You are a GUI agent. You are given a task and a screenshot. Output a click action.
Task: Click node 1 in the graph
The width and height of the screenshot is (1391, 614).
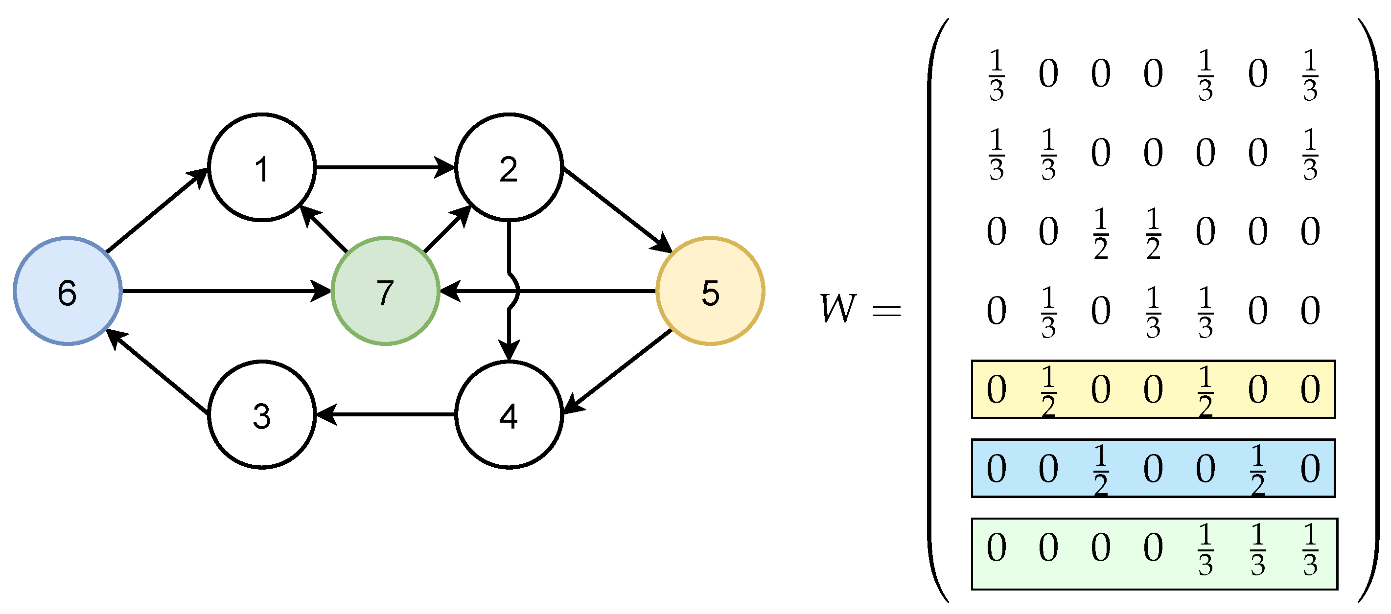tap(262, 167)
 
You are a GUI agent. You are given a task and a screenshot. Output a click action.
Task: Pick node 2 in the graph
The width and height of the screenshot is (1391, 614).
tap(509, 167)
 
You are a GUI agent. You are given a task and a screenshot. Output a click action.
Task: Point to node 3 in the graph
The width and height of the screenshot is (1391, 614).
tap(262, 414)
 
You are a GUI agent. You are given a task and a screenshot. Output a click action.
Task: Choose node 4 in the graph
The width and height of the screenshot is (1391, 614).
tap(509, 414)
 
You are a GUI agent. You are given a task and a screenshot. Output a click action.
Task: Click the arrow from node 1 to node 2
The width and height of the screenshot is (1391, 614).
tap(385, 167)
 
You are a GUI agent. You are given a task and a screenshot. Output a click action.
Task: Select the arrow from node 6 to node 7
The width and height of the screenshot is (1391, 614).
tap(227, 292)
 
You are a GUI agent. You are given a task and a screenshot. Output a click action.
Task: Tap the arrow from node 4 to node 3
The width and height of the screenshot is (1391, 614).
tap(385, 414)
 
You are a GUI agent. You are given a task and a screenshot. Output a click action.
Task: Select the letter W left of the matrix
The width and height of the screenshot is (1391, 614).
tap(838, 309)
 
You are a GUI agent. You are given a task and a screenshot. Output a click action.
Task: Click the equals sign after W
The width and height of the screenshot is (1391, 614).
tap(887, 311)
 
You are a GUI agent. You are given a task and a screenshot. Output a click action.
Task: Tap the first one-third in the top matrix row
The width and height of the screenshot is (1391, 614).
tap(997, 74)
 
